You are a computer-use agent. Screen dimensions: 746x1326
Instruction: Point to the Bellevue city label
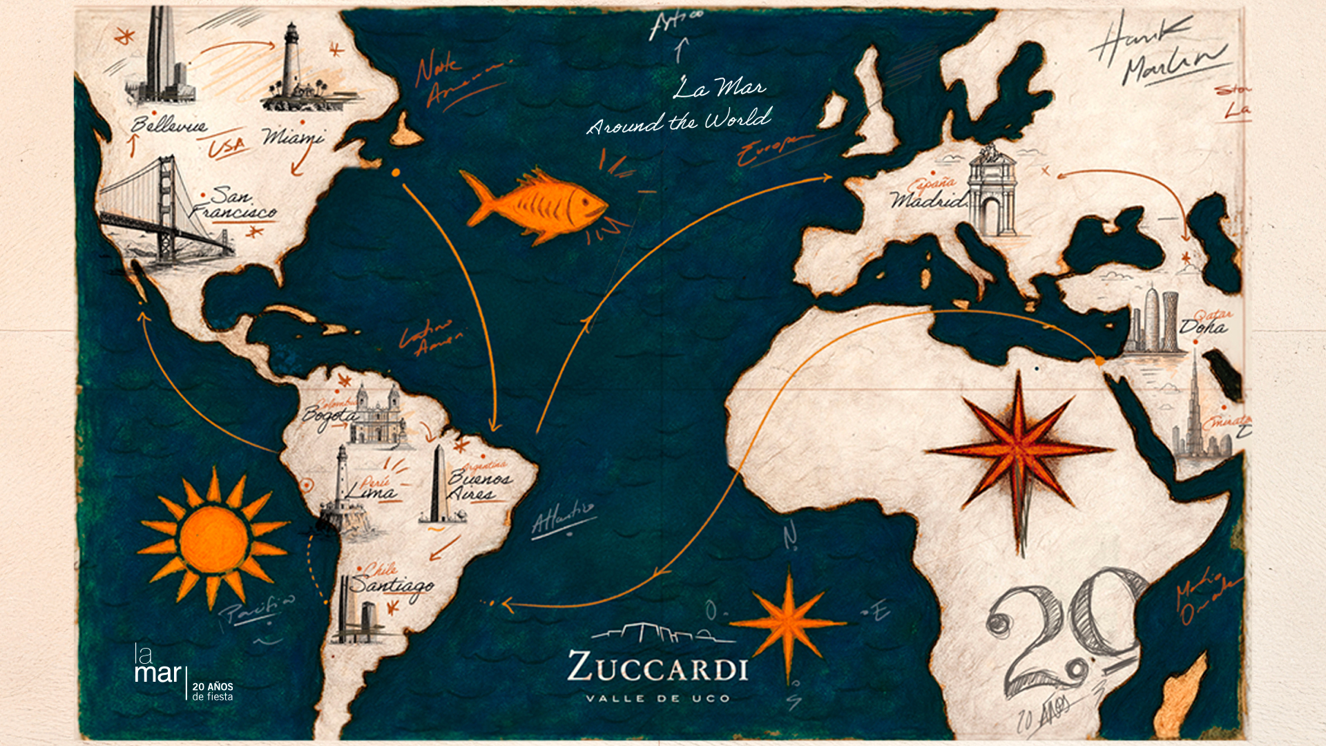[169, 125]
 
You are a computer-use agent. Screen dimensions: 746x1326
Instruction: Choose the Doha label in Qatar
[1203, 327]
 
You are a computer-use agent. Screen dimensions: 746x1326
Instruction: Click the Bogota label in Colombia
[329, 417]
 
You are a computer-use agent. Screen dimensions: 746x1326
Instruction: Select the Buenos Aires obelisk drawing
[439, 484]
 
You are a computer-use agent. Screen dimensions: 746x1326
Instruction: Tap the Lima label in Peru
[371, 492]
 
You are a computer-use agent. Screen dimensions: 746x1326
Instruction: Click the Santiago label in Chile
[391, 586]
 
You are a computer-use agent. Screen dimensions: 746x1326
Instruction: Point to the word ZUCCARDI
[657, 668]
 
